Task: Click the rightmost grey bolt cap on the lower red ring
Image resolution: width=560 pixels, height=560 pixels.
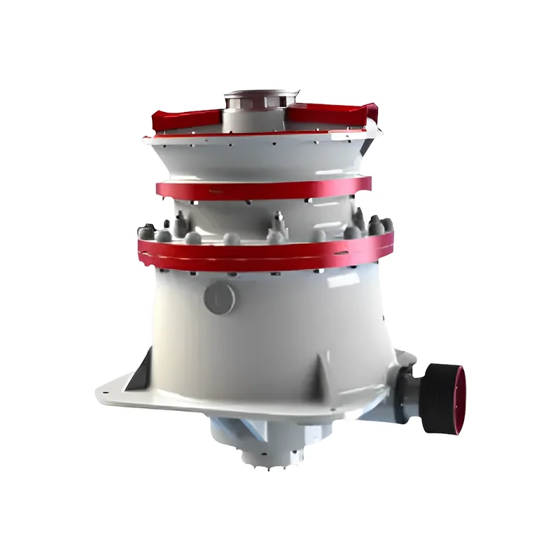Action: [386, 226]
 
